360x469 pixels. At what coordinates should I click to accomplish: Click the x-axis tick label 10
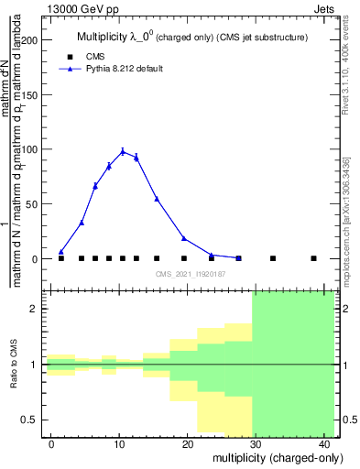[x=119, y=444]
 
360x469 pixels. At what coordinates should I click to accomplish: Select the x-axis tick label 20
[x=187, y=444]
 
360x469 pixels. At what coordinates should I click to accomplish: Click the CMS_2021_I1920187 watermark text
[x=190, y=274]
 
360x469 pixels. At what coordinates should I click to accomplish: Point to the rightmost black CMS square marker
[x=313, y=258]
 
